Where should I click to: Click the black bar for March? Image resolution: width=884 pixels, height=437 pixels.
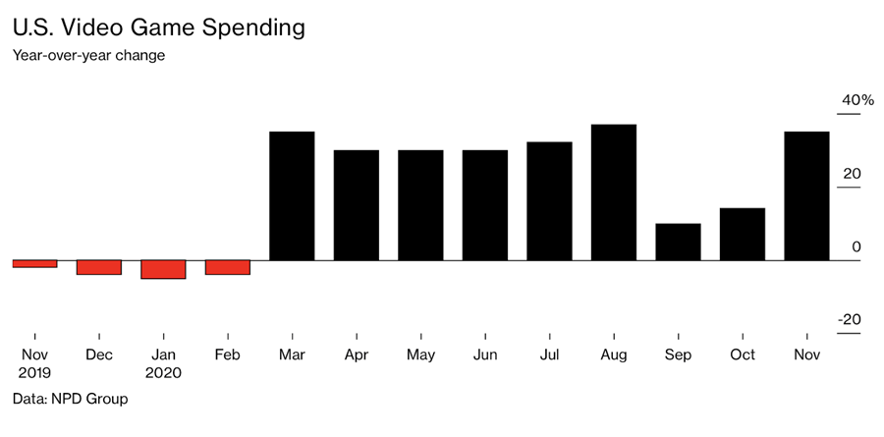(x=292, y=195)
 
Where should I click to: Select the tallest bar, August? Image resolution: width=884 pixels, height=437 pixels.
(x=614, y=192)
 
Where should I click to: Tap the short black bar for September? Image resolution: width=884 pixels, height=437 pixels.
(x=678, y=242)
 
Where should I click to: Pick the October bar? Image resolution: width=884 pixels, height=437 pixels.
(x=743, y=234)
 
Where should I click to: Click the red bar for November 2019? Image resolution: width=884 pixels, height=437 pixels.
(x=34, y=263)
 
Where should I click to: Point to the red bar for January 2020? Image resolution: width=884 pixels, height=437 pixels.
(x=163, y=269)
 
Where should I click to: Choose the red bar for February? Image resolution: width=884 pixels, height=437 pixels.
(x=228, y=267)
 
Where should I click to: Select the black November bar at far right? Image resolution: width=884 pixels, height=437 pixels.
(x=806, y=195)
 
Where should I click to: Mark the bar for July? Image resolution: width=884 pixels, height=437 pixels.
(x=549, y=201)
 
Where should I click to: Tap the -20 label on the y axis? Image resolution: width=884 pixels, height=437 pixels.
(x=849, y=319)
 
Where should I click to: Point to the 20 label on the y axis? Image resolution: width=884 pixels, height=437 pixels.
(x=851, y=174)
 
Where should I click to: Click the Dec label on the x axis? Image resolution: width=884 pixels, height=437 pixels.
(x=99, y=355)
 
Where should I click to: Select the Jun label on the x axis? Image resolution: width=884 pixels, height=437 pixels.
(x=485, y=355)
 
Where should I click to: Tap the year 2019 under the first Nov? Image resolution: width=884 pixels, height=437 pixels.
(x=34, y=373)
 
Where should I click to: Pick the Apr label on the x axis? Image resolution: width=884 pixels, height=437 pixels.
(x=357, y=355)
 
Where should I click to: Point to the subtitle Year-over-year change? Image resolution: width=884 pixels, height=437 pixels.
(x=88, y=55)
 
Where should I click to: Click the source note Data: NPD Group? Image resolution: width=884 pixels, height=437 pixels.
(x=70, y=400)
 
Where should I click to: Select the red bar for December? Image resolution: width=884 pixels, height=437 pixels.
(x=99, y=267)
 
